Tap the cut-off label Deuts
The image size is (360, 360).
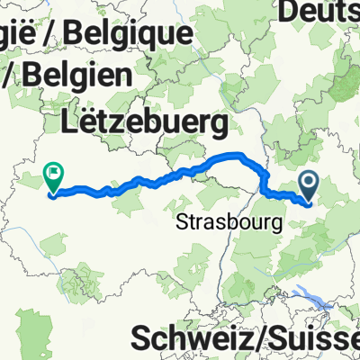(x=319, y=12)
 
